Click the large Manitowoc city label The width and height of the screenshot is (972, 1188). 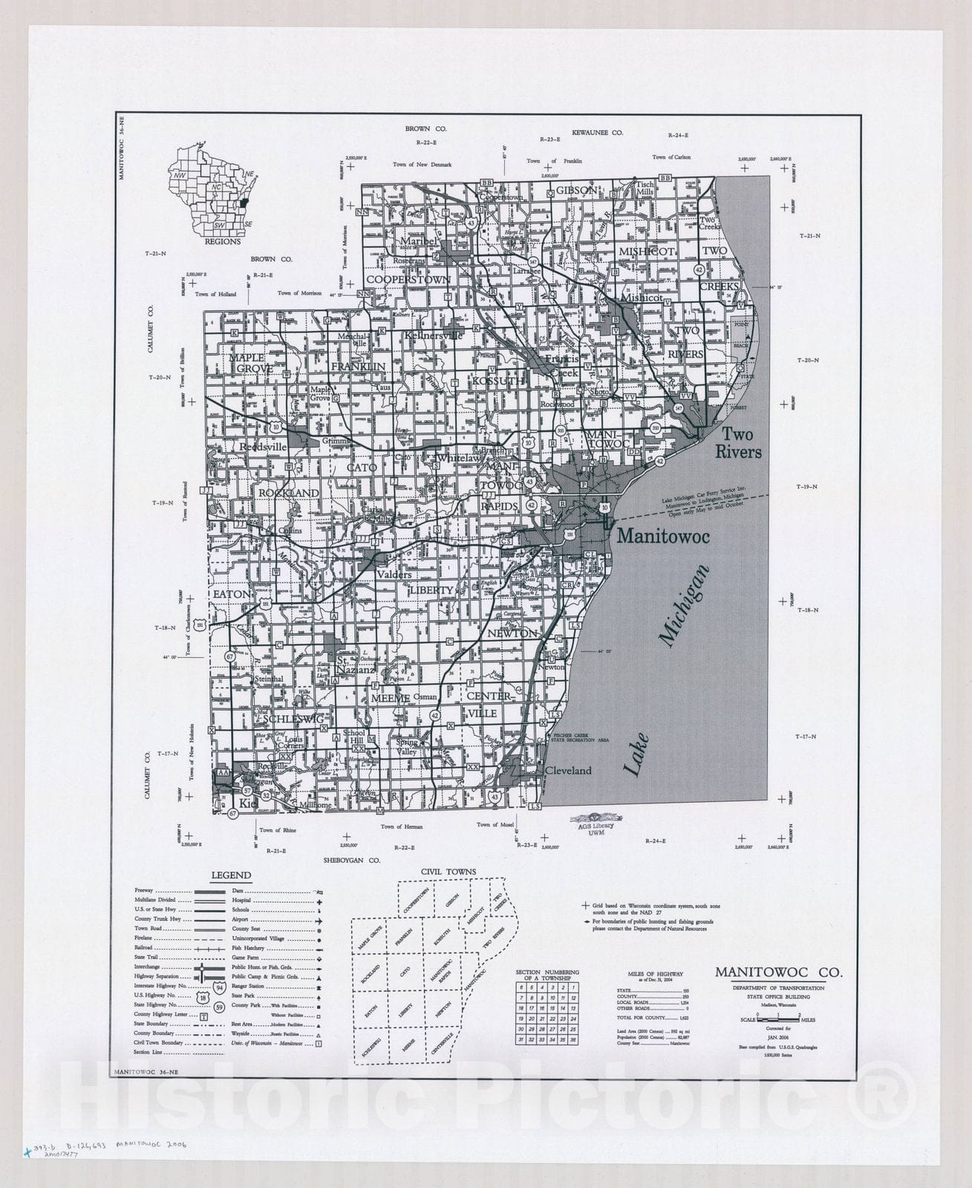point(664,535)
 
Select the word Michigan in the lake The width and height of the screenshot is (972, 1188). point(684,607)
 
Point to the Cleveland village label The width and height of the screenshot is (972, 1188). point(568,771)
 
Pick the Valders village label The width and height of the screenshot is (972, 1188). point(394,574)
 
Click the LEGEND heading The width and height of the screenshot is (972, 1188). point(231,875)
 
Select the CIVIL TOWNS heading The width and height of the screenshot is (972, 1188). point(449,872)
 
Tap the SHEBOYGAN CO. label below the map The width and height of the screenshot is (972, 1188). point(351,860)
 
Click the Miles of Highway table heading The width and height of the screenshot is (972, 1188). point(656,974)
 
